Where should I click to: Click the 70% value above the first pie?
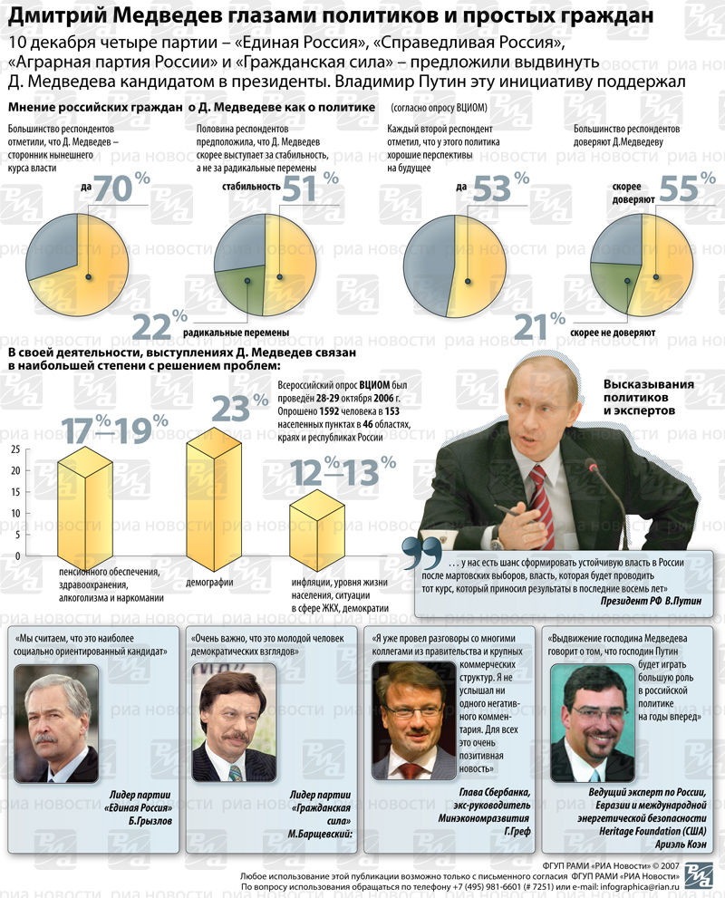[x=121, y=188]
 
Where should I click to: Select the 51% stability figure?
[x=310, y=188]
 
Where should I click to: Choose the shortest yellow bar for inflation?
[x=316, y=530]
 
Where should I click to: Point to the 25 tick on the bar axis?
[x=15, y=449]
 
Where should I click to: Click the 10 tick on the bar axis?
[x=15, y=513]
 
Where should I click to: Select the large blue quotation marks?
[x=422, y=553]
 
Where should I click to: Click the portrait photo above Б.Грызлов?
[x=55, y=723]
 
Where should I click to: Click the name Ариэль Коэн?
[x=681, y=845]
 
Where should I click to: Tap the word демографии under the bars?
[x=209, y=583]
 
